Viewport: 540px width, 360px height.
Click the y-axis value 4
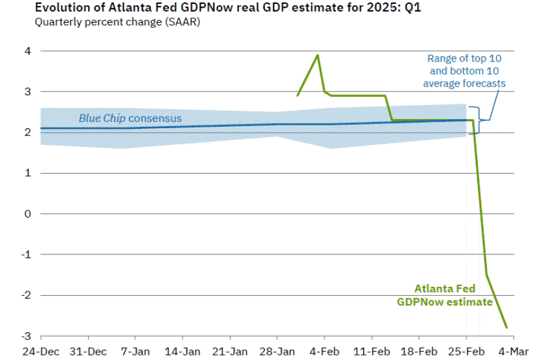click(28, 51)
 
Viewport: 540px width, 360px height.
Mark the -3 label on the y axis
click(26, 336)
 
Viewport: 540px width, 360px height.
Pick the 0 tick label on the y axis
click(28, 214)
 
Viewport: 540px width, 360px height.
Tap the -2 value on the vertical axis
click(26, 295)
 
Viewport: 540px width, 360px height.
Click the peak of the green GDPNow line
click(317, 55)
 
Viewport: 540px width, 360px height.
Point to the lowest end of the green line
click(506, 328)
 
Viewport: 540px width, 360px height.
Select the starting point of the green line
click(297, 96)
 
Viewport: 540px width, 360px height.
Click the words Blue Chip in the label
click(102, 118)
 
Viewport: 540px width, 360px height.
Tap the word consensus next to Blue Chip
click(155, 118)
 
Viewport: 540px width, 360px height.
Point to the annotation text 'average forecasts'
click(464, 84)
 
